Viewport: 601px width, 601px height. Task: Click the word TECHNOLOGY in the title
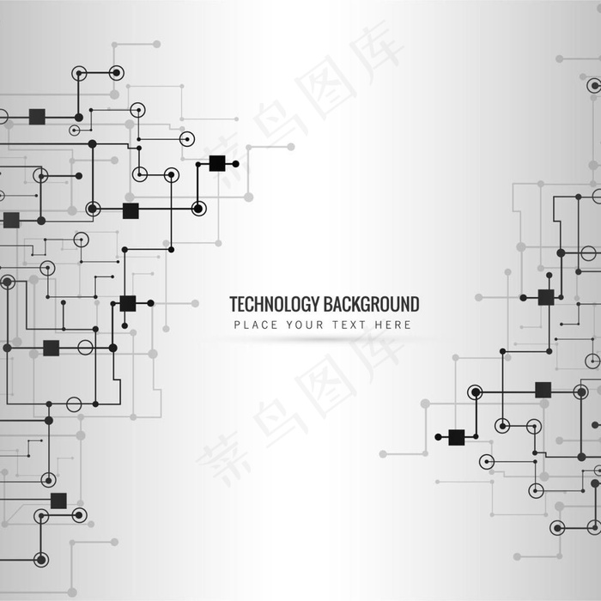coord(274,304)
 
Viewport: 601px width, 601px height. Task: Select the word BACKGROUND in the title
coord(371,304)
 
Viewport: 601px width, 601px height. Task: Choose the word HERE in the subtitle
coord(392,325)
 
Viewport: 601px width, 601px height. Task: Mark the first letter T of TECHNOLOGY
coord(234,304)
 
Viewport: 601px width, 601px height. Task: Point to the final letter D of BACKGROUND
coord(414,304)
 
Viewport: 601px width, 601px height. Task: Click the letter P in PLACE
coord(237,325)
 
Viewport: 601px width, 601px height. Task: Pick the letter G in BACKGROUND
coord(367,304)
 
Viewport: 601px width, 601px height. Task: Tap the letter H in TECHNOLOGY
coord(258,304)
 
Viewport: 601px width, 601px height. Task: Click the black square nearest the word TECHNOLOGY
coord(128,303)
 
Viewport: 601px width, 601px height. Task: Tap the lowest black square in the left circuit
coord(58,501)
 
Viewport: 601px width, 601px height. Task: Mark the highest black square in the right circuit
coord(546,297)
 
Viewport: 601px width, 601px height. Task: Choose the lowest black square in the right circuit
coord(457,437)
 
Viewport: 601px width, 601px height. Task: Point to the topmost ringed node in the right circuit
coord(593,85)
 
